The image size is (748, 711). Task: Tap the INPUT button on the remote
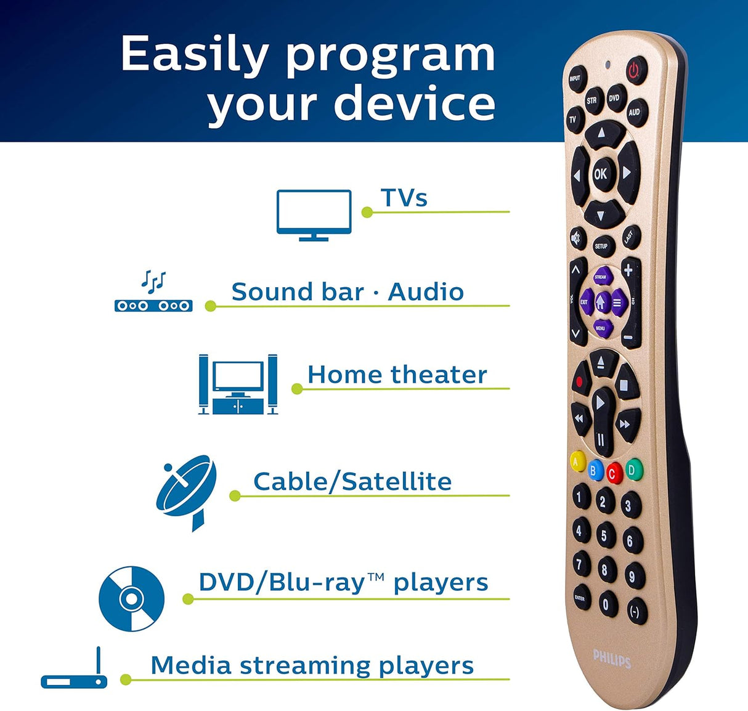(575, 79)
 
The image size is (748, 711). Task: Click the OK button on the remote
(600, 174)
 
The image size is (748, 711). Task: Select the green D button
(632, 469)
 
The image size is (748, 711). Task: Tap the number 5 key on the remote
(604, 535)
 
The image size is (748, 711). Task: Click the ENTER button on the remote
(580, 598)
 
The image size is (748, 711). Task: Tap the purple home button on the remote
(601, 302)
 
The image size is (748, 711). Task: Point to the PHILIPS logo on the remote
(612, 659)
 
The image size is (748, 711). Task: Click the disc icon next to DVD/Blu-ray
(131, 598)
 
